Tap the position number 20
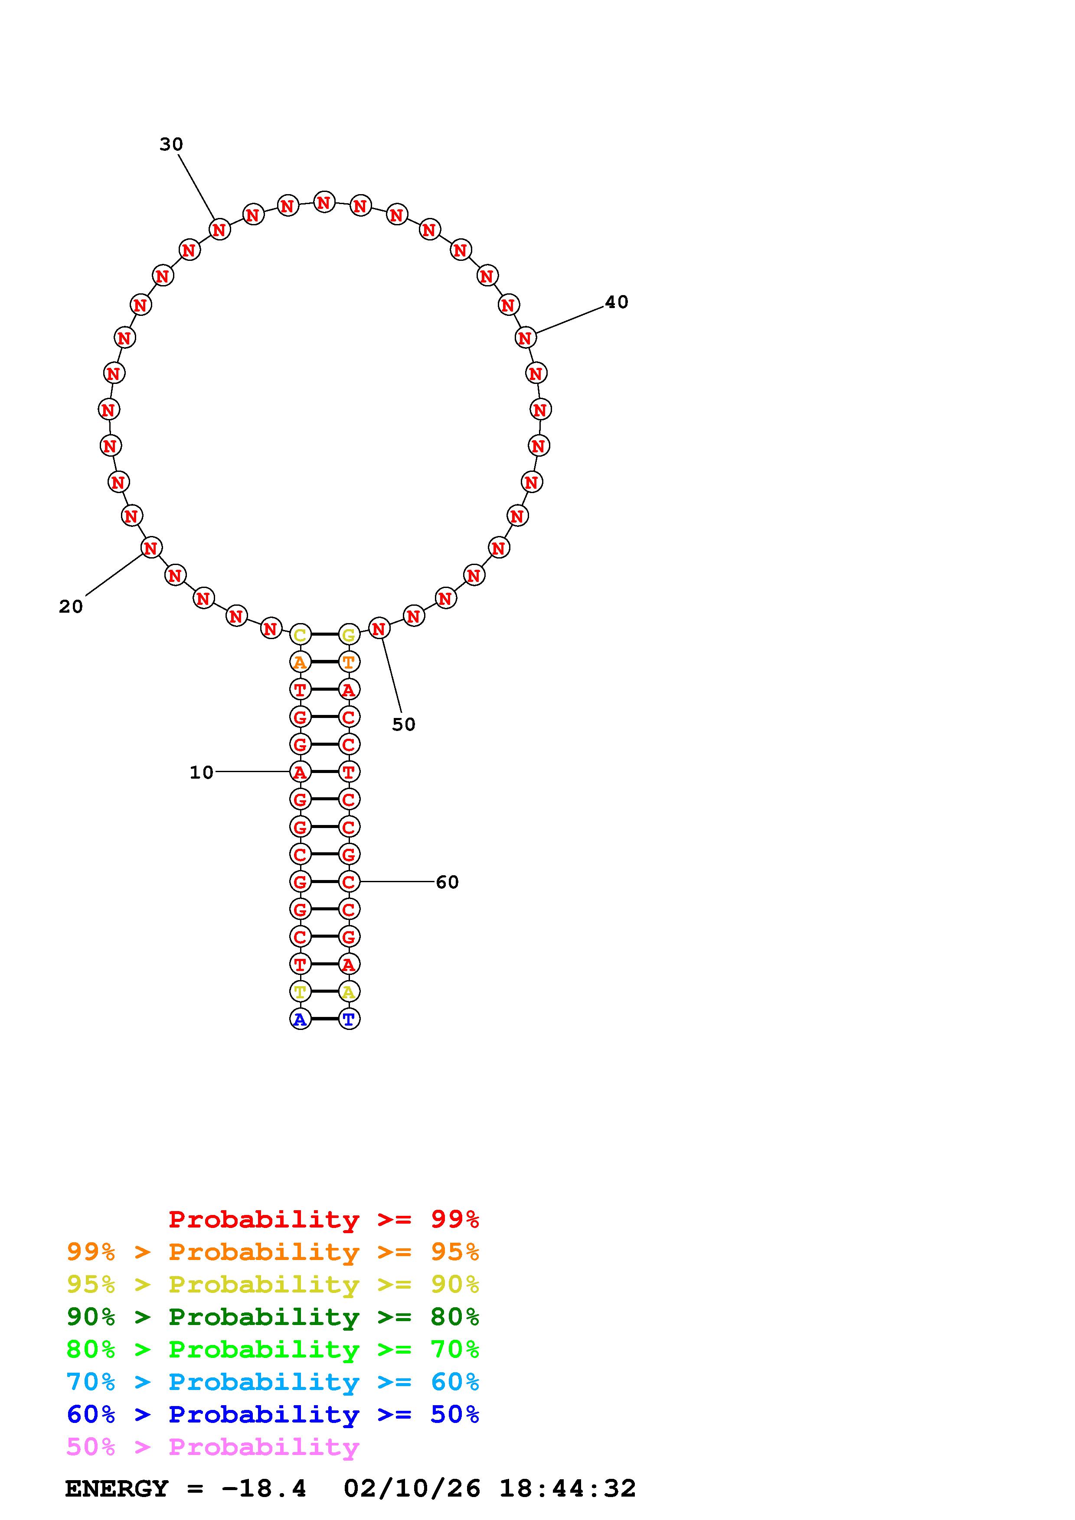[71, 607]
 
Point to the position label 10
[201, 773]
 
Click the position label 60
[447, 883]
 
